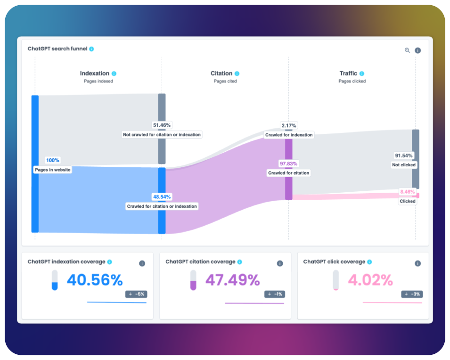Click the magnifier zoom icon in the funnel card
pos(407,50)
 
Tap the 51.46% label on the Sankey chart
pos(162,125)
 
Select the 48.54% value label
pos(162,196)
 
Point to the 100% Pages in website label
pos(53,160)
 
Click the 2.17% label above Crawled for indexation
pos(289,126)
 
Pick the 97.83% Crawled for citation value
pos(289,164)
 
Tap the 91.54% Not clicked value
pos(404,155)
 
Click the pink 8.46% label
pos(408,192)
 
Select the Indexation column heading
pos(95,74)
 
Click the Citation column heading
pos(221,74)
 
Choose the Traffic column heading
pos(349,74)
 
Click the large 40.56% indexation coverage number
pos(95,280)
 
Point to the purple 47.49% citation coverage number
pos(232,280)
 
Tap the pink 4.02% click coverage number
pos(370,280)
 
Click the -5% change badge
pos(136,294)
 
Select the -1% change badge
pos(274,294)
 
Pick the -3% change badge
pos(412,294)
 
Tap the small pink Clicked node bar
pos(416,195)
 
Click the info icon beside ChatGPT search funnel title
pos(91,49)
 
